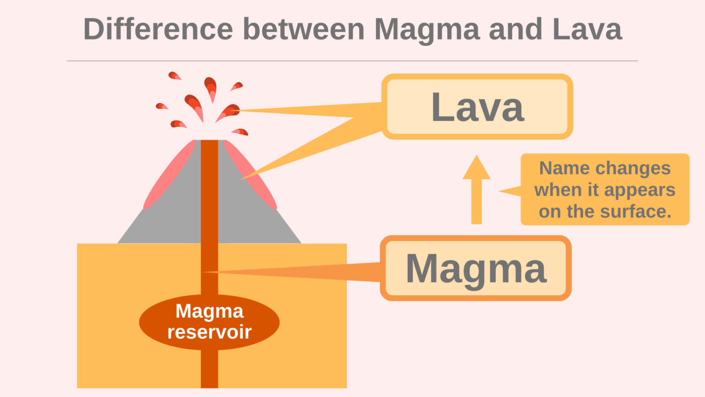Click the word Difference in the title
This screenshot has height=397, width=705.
158,29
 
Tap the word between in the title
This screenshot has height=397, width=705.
303,29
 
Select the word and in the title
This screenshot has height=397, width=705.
515,29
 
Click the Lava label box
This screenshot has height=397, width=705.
477,107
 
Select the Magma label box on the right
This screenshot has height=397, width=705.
476,268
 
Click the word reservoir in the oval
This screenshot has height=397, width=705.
209,332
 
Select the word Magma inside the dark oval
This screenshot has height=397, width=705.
209,311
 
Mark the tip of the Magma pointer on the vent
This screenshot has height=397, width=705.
205,272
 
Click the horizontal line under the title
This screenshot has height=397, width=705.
352,61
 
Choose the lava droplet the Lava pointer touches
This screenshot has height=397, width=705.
229,112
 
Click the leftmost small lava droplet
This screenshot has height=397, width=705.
161,106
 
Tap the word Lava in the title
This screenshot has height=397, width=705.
587,29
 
